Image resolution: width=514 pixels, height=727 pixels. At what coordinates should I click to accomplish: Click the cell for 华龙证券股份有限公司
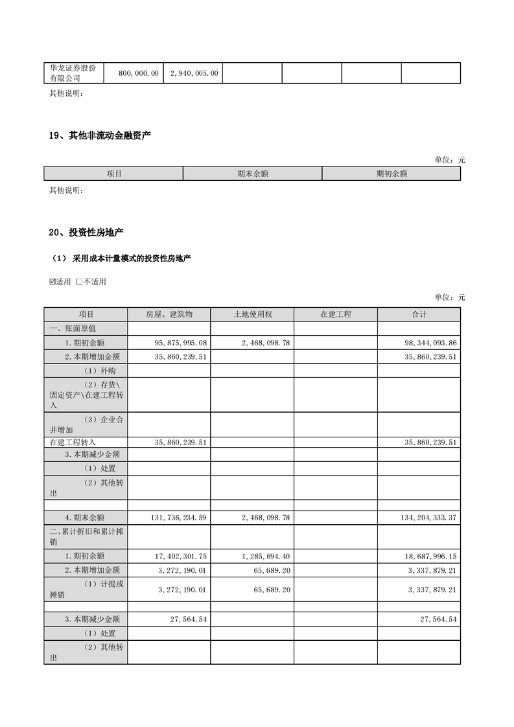click(73, 73)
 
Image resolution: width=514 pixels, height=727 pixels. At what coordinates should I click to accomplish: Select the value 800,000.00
click(138, 74)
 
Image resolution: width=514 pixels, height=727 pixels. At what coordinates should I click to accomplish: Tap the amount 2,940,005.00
click(194, 74)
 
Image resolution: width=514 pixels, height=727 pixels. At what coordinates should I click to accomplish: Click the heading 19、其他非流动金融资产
click(100, 135)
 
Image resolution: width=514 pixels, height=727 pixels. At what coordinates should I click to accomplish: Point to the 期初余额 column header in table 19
click(391, 174)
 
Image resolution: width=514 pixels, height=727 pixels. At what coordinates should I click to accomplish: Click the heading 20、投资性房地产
click(86, 233)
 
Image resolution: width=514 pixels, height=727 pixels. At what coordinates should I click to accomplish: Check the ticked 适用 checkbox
click(53, 282)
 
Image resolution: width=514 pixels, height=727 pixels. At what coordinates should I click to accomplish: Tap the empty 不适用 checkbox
click(79, 282)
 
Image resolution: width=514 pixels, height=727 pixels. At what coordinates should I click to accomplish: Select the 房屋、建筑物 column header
click(169, 314)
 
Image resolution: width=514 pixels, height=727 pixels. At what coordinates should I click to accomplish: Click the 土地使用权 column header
click(252, 314)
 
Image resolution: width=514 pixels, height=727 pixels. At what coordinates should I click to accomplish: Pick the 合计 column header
click(419, 314)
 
